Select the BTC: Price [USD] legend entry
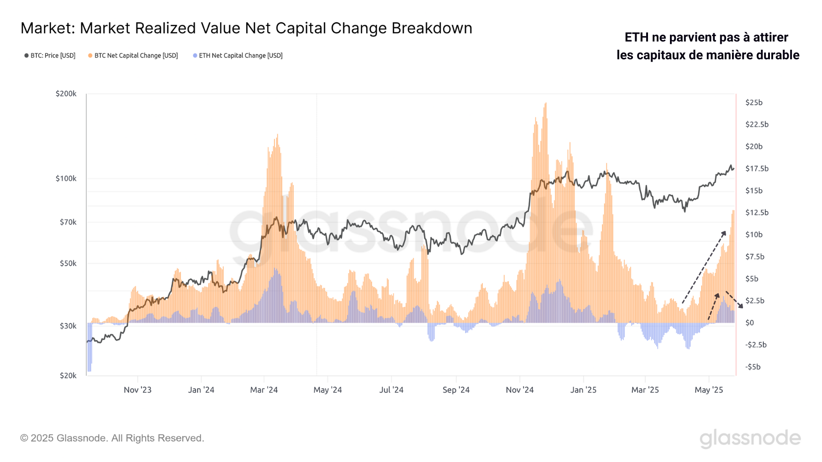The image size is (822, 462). (50, 56)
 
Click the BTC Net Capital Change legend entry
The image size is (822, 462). (133, 56)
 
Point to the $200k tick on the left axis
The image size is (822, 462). (66, 93)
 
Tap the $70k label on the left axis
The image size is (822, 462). (68, 222)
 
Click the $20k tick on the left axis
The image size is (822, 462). (68, 375)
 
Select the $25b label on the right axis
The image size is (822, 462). (753, 103)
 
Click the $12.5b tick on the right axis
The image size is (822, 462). (757, 213)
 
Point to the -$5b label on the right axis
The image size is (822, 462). (753, 367)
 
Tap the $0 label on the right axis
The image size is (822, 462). (749, 323)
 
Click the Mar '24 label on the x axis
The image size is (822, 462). (263, 390)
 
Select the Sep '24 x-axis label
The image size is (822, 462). (456, 390)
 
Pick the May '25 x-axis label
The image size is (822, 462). (709, 390)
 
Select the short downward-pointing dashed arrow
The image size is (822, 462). (734, 300)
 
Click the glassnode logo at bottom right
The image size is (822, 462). (750, 438)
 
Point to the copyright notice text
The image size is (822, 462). (112, 438)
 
